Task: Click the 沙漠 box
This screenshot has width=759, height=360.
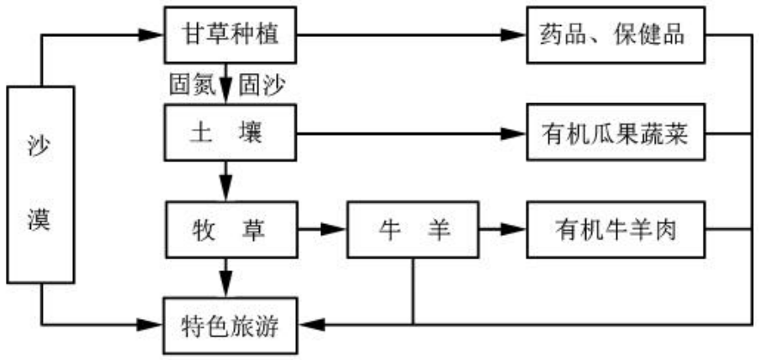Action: tap(40, 184)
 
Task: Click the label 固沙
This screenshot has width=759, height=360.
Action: tap(260, 85)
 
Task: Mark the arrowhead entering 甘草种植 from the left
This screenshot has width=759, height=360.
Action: tap(153, 35)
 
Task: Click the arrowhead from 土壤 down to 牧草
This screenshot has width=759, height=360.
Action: tap(226, 190)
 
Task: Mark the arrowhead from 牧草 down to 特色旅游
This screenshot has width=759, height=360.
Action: tap(226, 286)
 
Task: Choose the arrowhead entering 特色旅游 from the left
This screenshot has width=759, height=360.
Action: tap(153, 324)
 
